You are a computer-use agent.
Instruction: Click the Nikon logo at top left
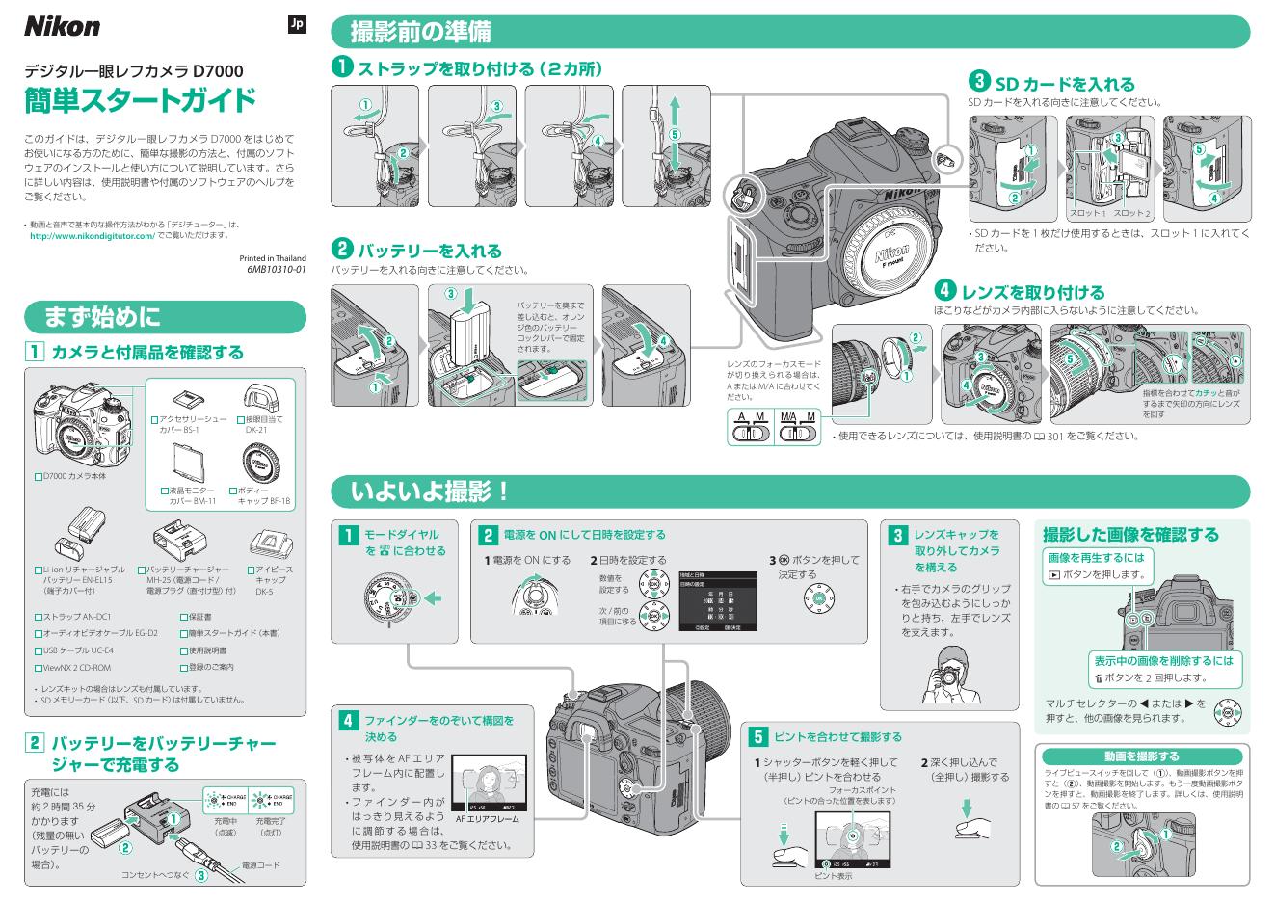tap(62, 26)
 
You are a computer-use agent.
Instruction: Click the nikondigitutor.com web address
tap(93, 236)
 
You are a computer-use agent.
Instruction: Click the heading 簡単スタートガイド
tap(140, 99)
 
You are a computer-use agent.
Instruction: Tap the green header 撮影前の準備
tap(420, 32)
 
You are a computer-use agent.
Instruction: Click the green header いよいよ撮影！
tap(430, 491)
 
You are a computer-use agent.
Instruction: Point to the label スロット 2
tap(1132, 212)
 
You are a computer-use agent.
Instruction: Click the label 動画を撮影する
tap(1141, 756)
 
